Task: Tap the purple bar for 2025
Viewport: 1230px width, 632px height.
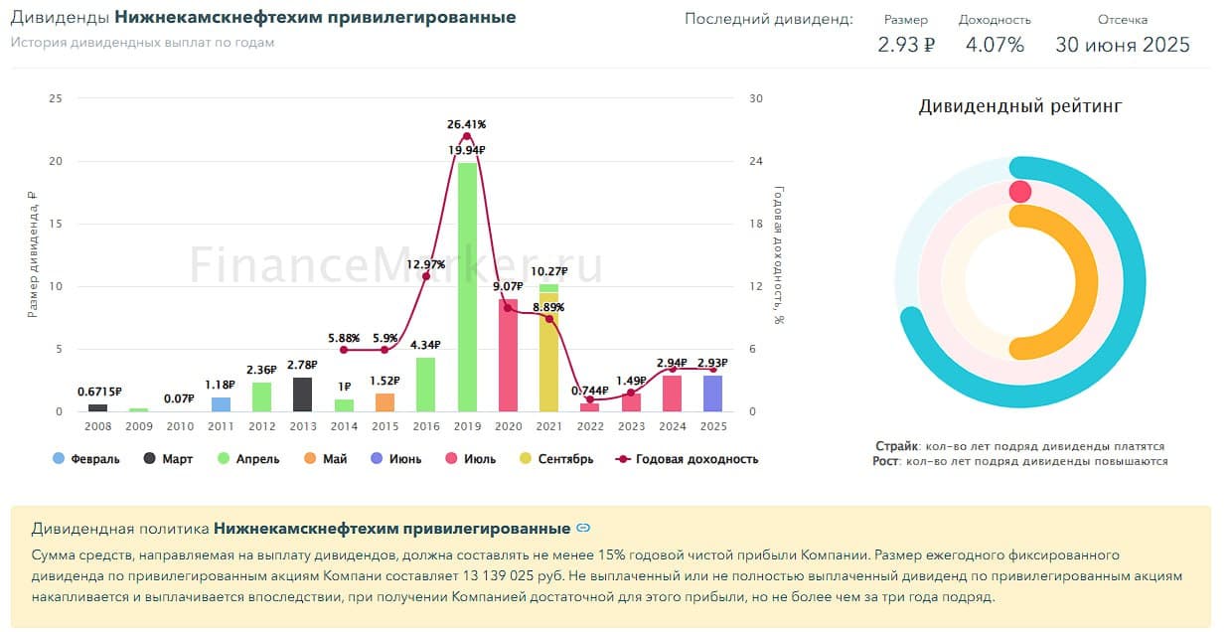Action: click(x=712, y=394)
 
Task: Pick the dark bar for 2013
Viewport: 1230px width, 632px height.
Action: click(x=303, y=395)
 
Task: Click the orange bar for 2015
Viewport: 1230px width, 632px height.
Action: click(x=384, y=402)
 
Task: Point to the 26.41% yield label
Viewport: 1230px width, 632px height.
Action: click(x=467, y=124)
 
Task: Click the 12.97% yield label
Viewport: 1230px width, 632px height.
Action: click(x=425, y=264)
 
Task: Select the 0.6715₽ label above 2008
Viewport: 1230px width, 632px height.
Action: click(x=98, y=392)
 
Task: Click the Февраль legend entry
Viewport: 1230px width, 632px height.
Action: click(x=86, y=459)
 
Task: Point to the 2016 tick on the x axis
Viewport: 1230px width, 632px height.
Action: click(x=425, y=426)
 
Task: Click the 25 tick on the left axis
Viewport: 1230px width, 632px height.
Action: click(x=55, y=98)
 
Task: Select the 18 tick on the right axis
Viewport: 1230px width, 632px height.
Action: click(x=756, y=224)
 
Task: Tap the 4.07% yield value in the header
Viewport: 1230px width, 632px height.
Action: click(x=995, y=45)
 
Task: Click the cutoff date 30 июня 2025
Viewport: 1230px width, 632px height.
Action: click(x=1123, y=45)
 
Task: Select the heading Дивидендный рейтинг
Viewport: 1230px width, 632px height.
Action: click(x=1020, y=106)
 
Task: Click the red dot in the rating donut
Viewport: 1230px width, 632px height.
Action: click(x=1019, y=191)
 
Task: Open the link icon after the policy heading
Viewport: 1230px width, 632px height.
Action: click(x=584, y=528)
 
